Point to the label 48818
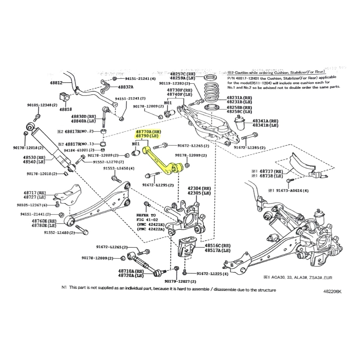tap(66, 109)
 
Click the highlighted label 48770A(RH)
tap(148, 132)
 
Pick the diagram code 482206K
tap(332, 291)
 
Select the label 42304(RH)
tap(199, 188)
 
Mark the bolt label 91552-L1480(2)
tap(59, 233)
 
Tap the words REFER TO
tap(146, 215)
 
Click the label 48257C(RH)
tap(182, 74)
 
